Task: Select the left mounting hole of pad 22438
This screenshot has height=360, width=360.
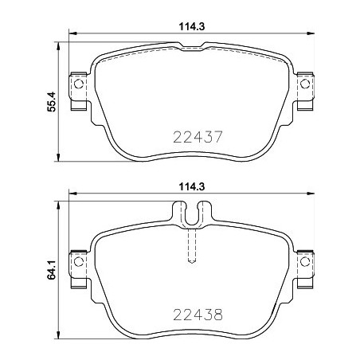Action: click(x=77, y=259)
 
